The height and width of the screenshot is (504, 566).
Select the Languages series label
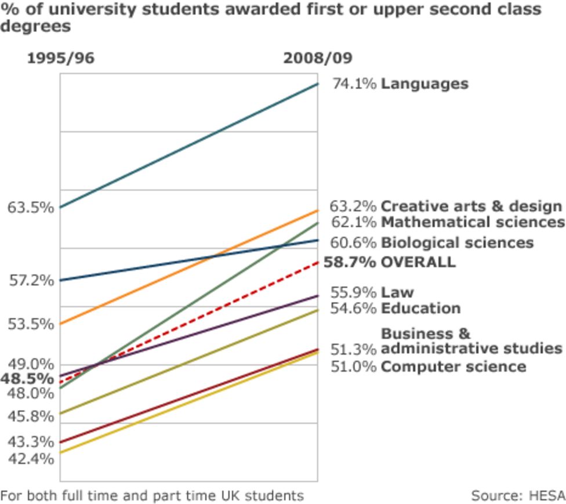pyautogui.click(x=424, y=84)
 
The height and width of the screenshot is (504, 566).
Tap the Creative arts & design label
pyautogui.click(x=471, y=206)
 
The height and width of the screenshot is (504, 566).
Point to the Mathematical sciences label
pyautogui.click(x=472, y=222)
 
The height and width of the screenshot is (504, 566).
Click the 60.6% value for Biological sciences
pyautogui.click(x=353, y=242)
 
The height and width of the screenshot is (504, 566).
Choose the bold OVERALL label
pyautogui.click(x=418, y=262)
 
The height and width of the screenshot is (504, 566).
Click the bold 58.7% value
pyautogui.click(x=350, y=262)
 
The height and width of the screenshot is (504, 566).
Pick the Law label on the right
pyautogui.click(x=397, y=292)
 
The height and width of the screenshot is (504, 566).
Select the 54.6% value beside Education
pyautogui.click(x=353, y=309)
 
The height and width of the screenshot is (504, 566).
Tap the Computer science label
pyautogui.click(x=453, y=367)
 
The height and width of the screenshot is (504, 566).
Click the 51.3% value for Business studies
pyautogui.click(x=353, y=349)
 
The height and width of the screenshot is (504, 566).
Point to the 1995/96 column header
pyautogui.click(x=60, y=59)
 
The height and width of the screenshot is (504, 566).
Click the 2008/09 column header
pyautogui.click(x=317, y=59)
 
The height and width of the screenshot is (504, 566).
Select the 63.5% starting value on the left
pyautogui.click(x=31, y=207)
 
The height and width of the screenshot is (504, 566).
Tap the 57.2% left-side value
pyautogui.click(x=31, y=281)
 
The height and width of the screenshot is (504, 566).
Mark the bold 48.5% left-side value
pyautogui.click(x=27, y=379)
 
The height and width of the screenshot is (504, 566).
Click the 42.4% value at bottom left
pyautogui.click(x=31, y=458)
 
